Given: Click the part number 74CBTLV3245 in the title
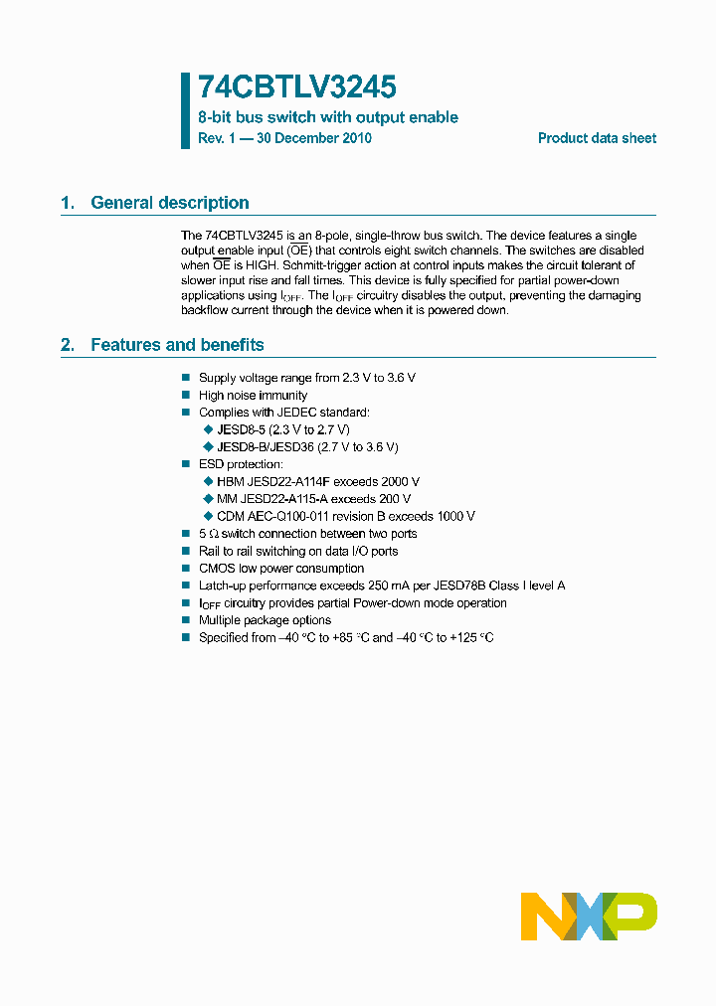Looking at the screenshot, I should pyautogui.click(x=297, y=87).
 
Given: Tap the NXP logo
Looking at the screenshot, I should pyautogui.click(x=589, y=916).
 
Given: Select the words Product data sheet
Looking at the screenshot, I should pyautogui.click(x=597, y=138).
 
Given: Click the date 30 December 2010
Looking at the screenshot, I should pyautogui.click(x=313, y=138).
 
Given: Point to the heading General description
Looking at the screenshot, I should pyautogui.click(x=169, y=203).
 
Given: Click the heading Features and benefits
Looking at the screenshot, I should pyautogui.click(x=177, y=345).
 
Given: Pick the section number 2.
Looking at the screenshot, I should pyautogui.click(x=67, y=345).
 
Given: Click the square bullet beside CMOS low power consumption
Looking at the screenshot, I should pyautogui.click(x=185, y=569).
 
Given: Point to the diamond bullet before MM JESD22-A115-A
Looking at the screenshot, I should pyautogui.click(x=208, y=499).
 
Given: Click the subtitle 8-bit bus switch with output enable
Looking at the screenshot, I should pyautogui.click(x=328, y=117).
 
